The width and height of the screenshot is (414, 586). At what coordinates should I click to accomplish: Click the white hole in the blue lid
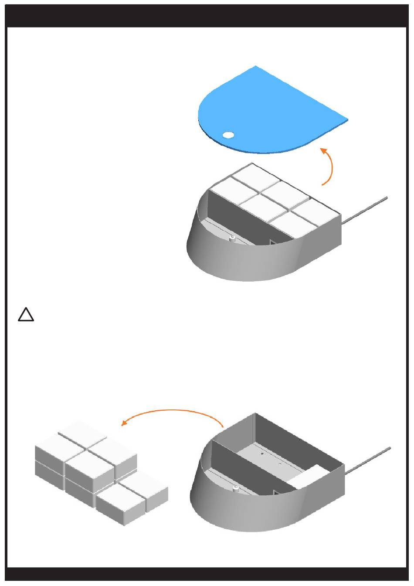pos(228,135)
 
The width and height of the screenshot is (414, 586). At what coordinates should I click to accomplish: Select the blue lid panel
pos(270,113)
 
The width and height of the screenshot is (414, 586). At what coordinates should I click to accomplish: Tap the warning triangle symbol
pos(26,315)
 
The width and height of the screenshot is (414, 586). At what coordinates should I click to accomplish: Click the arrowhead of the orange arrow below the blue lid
pos(323,150)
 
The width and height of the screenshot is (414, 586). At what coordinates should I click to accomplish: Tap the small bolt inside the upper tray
pos(232,238)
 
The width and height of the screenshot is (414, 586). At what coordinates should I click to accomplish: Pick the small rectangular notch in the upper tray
pos(272,242)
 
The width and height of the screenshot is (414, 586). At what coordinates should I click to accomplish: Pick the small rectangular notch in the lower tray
pos(275,492)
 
